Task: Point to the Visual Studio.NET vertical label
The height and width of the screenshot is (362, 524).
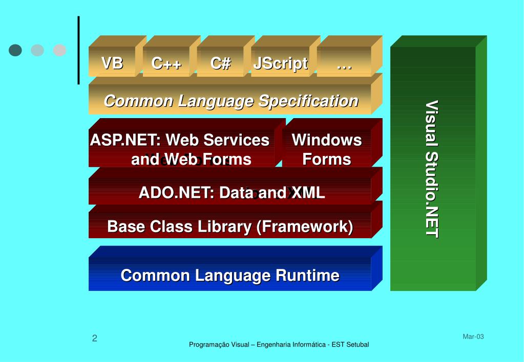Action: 432,169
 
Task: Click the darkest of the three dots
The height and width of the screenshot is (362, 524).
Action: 15,50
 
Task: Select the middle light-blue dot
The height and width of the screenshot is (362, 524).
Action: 37,50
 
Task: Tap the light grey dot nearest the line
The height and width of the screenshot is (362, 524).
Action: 59,50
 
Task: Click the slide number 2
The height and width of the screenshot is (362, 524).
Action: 95,338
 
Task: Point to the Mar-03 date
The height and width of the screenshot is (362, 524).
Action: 473,336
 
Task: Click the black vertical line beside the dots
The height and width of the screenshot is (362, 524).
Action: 78,50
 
